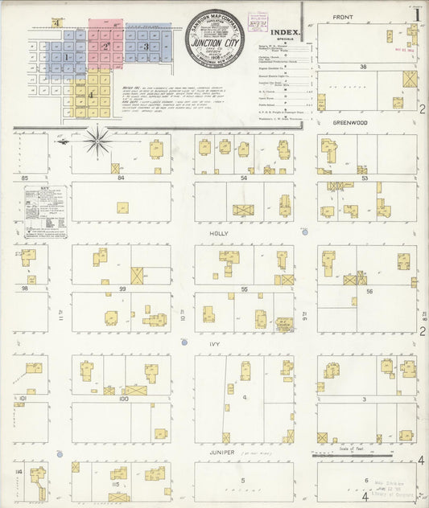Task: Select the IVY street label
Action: (x=215, y=343)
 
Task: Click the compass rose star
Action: (x=98, y=140)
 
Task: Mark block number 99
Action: (x=122, y=288)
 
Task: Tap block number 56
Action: (x=369, y=291)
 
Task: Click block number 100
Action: (x=122, y=398)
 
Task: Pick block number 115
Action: (x=116, y=484)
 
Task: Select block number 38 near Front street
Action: (x=364, y=68)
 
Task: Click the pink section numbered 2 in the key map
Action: (x=105, y=46)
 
